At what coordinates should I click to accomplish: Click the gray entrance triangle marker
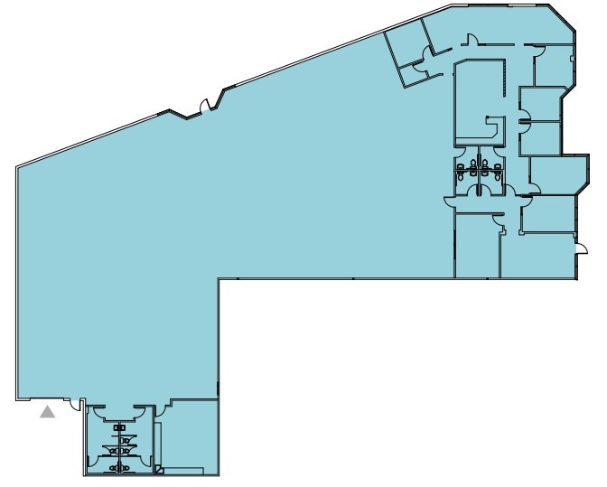48,413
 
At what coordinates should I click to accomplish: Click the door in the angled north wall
206,105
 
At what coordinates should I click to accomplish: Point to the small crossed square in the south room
159,469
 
